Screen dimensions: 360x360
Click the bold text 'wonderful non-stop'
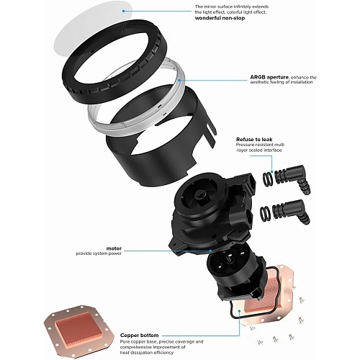[220, 18]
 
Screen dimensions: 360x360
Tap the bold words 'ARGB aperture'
[269, 77]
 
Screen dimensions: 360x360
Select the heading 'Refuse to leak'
[254, 139]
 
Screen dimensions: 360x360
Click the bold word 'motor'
[114, 248]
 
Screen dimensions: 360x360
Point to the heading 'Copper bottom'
[139, 336]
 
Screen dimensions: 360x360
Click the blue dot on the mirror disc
[123, 11]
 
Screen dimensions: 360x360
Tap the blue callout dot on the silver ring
[179, 80]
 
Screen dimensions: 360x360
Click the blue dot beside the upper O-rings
[271, 171]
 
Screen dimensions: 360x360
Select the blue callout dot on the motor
[210, 251]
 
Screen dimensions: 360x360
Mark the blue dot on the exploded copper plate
[239, 311]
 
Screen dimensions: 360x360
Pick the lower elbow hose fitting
[290, 211]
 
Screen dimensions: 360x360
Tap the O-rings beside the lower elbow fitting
[266, 212]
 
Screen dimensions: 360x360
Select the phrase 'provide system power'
[99, 253]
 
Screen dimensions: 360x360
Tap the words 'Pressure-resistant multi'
[261, 145]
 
